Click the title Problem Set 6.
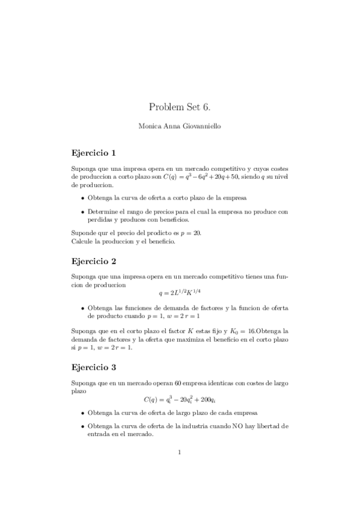click(x=180, y=107)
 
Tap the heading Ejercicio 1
click(x=93, y=152)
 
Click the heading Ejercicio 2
click(x=93, y=262)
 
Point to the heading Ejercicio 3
click(x=93, y=366)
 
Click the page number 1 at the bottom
click(x=180, y=453)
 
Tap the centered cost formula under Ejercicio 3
click(x=180, y=399)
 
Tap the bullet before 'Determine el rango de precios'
click(x=82, y=212)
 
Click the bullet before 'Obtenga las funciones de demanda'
click(x=82, y=308)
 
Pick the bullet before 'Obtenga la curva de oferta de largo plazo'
click(x=82, y=413)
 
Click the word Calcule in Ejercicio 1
click(x=81, y=241)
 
